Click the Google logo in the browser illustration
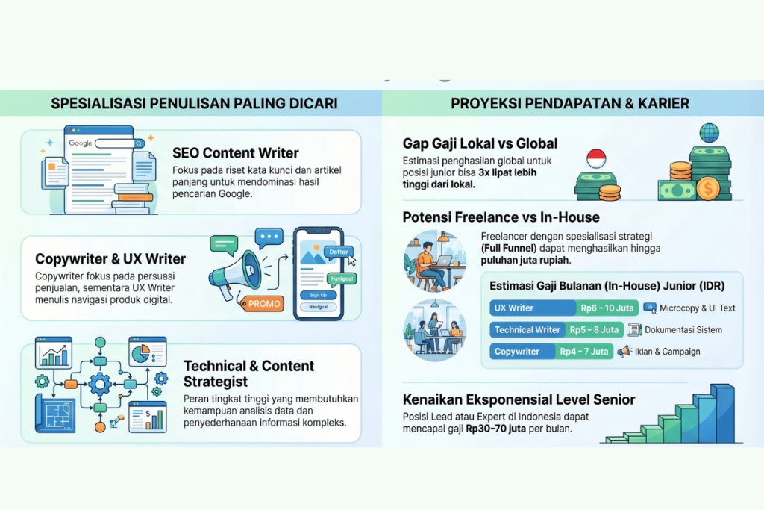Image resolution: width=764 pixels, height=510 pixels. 81,143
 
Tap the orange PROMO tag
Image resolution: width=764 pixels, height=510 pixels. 263,303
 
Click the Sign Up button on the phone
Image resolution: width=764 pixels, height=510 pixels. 318,294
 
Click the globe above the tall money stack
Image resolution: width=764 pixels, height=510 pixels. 709,133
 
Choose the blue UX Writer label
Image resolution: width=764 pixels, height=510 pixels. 514,308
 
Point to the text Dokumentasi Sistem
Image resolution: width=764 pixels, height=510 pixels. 683,329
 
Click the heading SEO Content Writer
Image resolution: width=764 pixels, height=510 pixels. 235,153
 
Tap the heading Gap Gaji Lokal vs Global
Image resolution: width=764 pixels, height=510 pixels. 480,143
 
